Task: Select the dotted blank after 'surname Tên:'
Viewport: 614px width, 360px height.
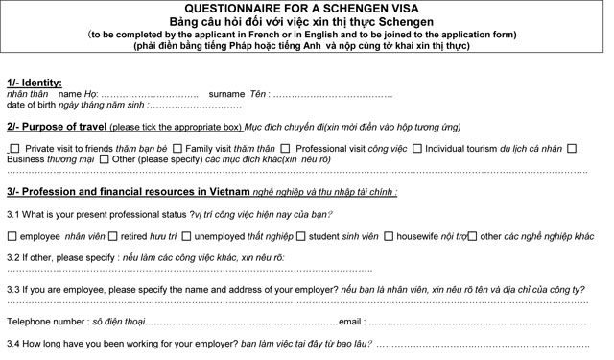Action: [x=332, y=95]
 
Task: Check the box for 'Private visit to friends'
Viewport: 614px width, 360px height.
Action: [x=14, y=149]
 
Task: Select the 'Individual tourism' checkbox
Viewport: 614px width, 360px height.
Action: [x=415, y=149]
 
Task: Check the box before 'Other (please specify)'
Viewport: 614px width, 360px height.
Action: [x=103, y=159]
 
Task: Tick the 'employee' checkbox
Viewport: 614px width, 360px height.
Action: [x=11, y=236]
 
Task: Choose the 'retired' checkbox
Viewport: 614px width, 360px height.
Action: [x=112, y=236]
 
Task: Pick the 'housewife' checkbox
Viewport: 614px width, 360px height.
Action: [x=388, y=236]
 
